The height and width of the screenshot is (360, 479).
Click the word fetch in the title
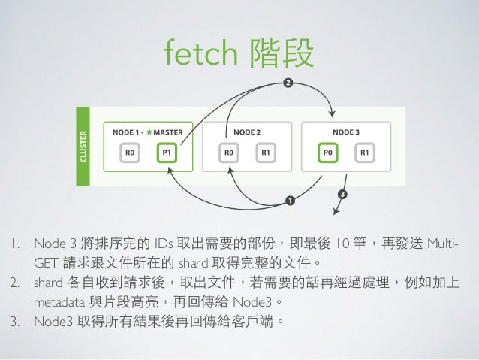click(x=197, y=53)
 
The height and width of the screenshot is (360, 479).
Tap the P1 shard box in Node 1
click(x=167, y=153)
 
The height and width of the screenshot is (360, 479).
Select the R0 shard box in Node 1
click(x=131, y=153)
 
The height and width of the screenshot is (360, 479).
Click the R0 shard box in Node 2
click(x=228, y=153)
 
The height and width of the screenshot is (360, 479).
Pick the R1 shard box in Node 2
click(x=265, y=153)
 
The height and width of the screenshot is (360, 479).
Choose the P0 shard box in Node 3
click(x=327, y=153)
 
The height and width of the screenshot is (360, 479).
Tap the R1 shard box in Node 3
click(x=364, y=153)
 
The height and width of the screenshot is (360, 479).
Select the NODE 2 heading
click(x=247, y=132)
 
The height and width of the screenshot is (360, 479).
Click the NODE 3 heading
click(x=346, y=132)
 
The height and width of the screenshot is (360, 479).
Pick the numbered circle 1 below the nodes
click(x=289, y=200)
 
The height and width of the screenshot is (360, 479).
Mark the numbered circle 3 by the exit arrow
click(x=343, y=195)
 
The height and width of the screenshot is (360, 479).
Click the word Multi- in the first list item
click(x=441, y=243)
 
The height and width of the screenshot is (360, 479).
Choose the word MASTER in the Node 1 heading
click(x=173, y=132)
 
